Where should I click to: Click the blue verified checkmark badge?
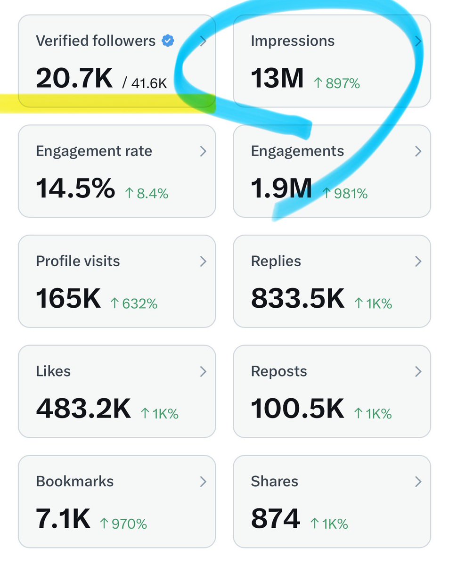(x=168, y=41)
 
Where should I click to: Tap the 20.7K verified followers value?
(x=74, y=78)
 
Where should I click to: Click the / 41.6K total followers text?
(x=145, y=83)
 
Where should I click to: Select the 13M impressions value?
(x=277, y=78)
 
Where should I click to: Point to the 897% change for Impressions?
(x=337, y=84)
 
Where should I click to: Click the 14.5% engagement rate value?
(x=75, y=188)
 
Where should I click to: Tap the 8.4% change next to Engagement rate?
(x=147, y=194)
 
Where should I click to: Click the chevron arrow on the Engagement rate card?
(x=203, y=151)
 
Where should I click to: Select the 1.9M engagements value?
(x=281, y=188)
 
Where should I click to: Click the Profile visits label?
(x=78, y=261)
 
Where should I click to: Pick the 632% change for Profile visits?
(x=134, y=304)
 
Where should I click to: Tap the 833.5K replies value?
(x=298, y=299)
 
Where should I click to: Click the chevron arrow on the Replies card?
(x=418, y=262)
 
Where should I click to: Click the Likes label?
(x=53, y=371)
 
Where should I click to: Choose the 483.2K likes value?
(x=83, y=409)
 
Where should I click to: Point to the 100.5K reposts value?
(x=298, y=409)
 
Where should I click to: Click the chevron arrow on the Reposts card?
(x=418, y=371)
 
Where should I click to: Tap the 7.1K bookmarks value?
(x=63, y=519)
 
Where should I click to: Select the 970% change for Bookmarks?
(x=124, y=524)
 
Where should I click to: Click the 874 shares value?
(x=275, y=519)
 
